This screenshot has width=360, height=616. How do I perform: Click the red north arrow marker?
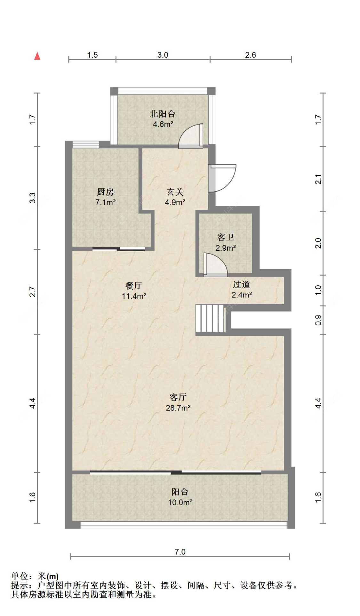(x=37, y=56)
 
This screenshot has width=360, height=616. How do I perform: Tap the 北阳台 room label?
(x=163, y=114)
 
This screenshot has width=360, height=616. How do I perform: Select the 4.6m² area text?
(x=163, y=124)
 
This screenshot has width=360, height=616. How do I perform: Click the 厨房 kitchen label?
(x=105, y=192)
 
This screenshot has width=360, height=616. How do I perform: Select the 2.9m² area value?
(x=226, y=248)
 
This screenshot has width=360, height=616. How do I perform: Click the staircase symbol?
(x=210, y=318)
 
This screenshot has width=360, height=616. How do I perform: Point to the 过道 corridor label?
(x=241, y=284)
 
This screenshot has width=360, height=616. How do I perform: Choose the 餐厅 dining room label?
(x=134, y=285)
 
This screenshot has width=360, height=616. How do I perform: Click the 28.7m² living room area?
(x=178, y=408)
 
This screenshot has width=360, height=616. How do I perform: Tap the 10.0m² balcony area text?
(x=180, y=502)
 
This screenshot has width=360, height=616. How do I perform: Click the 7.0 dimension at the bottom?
(x=180, y=552)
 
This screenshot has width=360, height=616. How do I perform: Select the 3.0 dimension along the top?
(x=163, y=55)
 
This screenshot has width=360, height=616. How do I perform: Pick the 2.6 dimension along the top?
(x=251, y=55)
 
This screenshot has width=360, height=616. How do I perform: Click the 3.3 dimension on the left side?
(x=32, y=198)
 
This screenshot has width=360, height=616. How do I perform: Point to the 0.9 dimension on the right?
(x=318, y=320)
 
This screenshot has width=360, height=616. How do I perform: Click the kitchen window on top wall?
(x=85, y=144)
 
